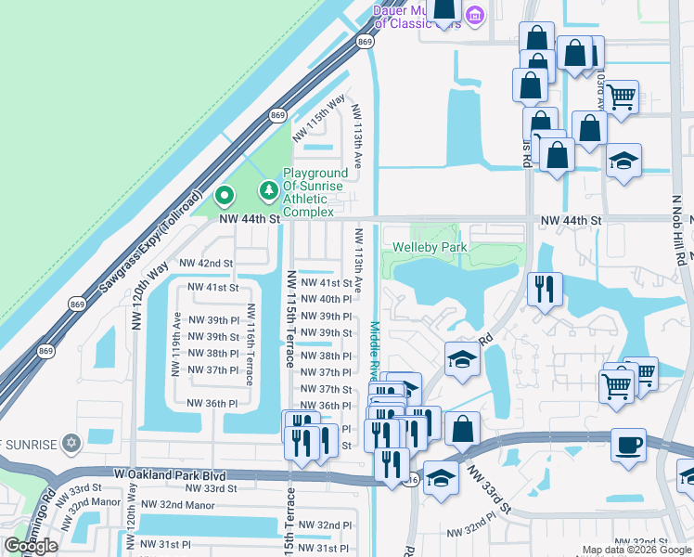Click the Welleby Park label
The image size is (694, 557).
coord(430,247)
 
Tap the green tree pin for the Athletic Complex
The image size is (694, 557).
coord(269,190)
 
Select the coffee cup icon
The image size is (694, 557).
coord(628,444)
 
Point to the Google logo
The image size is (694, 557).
coord(30,546)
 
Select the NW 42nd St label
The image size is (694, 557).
coord(206,264)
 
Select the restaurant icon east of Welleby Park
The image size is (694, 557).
coord(545,288)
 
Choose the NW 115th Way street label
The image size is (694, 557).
coord(319,118)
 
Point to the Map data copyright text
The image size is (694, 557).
coord(636,550)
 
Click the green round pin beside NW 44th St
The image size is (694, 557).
coord(224,196)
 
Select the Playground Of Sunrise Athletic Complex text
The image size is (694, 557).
coord(315,192)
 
